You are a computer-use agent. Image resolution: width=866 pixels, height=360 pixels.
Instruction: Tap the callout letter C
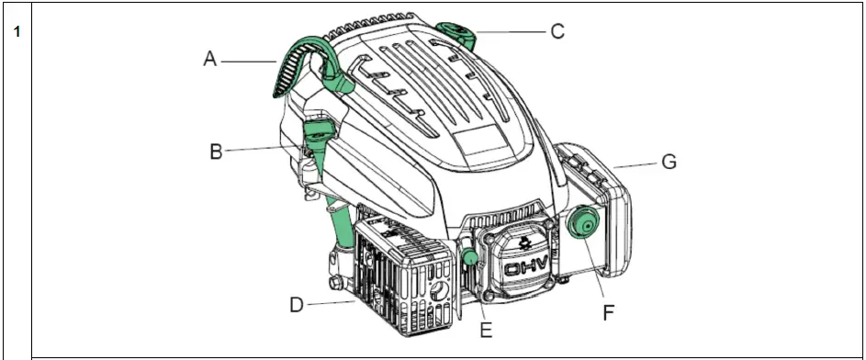tap(557, 31)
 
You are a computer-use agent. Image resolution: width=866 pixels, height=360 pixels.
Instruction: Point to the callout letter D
tap(297, 304)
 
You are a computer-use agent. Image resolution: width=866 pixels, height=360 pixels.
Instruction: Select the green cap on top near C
tap(455, 32)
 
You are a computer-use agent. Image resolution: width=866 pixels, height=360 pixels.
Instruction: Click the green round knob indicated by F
tap(582, 223)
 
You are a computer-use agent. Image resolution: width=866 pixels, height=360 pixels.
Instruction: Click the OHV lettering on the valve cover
tap(524, 269)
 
